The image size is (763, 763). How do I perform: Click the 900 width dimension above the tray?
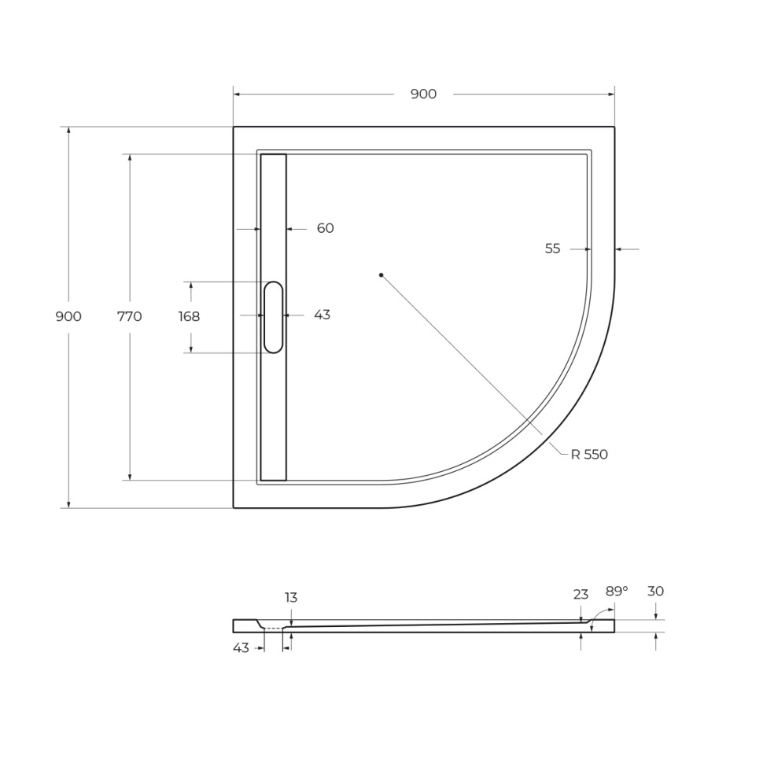click(423, 94)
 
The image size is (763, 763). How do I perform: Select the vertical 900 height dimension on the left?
click(68, 317)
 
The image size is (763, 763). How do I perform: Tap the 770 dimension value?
click(129, 317)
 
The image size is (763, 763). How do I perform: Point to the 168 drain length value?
click(189, 317)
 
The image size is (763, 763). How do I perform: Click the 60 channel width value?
click(325, 228)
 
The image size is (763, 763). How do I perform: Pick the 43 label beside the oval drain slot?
click(322, 315)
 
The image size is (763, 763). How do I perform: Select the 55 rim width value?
click(552, 249)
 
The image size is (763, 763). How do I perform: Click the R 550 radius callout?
click(589, 455)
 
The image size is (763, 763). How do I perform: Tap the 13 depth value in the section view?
click(291, 598)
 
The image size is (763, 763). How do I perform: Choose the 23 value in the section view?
click(581, 595)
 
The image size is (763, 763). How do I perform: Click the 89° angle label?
click(617, 592)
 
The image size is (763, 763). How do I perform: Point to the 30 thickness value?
click(655, 592)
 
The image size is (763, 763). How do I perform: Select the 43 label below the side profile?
click(241, 648)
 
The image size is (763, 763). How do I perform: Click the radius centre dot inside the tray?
click(381, 275)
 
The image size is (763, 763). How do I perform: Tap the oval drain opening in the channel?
click(273, 317)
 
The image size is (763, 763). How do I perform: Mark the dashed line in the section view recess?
click(273, 628)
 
